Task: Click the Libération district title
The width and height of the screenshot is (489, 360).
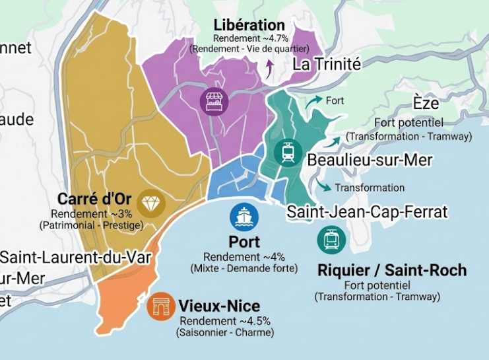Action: [249, 26]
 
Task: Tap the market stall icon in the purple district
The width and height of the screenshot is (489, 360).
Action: [214, 102]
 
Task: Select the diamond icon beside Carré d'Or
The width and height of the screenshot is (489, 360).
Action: [152, 203]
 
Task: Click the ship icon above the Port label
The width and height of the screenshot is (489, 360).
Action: [244, 217]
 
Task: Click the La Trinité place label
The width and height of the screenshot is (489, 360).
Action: [327, 64]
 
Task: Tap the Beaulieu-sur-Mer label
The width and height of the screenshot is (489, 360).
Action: [370, 161]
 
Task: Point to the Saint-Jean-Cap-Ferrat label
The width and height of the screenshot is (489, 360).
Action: [367, 212]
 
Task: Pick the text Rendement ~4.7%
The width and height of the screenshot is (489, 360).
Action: [249, 39]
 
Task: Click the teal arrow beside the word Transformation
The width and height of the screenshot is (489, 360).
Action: [323, 185]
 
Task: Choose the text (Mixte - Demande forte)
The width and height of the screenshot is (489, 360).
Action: [244, 268]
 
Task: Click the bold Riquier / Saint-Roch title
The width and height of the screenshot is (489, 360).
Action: [392, 270]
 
